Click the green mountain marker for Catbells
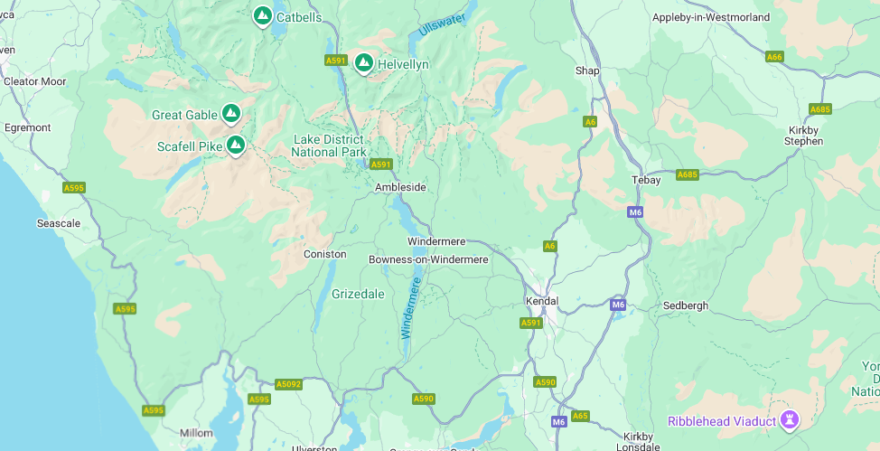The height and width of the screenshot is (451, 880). [262, 15]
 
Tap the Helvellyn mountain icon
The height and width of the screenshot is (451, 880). [363, 62]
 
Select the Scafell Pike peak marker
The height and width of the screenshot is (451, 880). [236, 144]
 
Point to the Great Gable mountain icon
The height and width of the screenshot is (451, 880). [231, 113]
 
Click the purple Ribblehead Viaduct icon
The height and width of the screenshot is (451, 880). [790, 419]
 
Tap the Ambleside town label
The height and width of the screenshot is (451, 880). [400, 187]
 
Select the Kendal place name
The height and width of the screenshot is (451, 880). [542, 300]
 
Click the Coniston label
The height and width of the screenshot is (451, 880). [324, 254]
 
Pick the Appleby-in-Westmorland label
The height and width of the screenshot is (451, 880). [711, 17]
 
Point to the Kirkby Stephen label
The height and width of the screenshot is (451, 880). [803, 136]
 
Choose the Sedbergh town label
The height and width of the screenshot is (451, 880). [686, 305]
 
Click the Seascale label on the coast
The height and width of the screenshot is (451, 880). [59, 222]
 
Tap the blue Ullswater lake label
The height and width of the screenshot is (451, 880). [442, 24]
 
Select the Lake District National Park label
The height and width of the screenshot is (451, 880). [329, 146]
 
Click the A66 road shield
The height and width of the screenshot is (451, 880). [774, 57]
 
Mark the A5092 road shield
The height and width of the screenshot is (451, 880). [288, 384]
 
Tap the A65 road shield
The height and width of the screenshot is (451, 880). [580, 416]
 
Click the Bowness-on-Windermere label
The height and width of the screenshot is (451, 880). [428, 259]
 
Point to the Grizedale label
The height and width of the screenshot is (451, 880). [358, 294]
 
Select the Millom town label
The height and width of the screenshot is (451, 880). [196, 433]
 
